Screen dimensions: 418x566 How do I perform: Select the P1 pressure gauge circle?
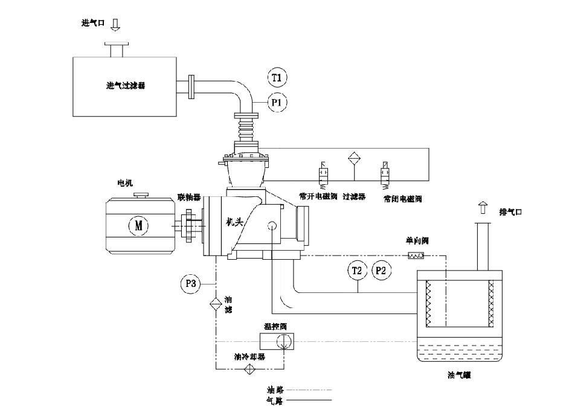(x=277, y=103)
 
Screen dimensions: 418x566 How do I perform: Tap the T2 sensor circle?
(x=357, y=271)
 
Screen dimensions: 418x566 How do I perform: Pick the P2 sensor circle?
(x=381, y=271)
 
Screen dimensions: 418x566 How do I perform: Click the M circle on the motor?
(x=138, y=225)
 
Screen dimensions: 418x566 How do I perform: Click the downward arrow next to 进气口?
(x=116, y=24)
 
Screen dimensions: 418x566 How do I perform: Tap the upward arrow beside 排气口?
(x=483, y=208)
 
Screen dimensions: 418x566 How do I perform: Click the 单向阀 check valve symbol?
(x=416, y=256)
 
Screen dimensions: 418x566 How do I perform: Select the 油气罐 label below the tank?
(x=458, y=376)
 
